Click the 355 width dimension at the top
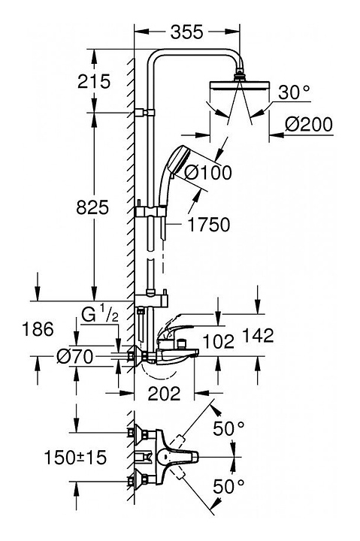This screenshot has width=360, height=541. tap(186, 32)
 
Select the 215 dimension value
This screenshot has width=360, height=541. tap(94, 82)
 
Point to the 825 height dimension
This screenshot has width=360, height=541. tap(92, 207)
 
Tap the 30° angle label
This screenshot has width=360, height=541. tap(295, 92)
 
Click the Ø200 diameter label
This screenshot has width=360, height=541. tap(309, 125)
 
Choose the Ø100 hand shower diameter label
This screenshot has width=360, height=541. tap(207, 173)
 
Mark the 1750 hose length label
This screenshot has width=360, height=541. tap(209, 225)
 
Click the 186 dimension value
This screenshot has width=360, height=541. tap(38, 329)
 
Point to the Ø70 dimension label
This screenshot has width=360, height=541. tap(75, 356)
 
